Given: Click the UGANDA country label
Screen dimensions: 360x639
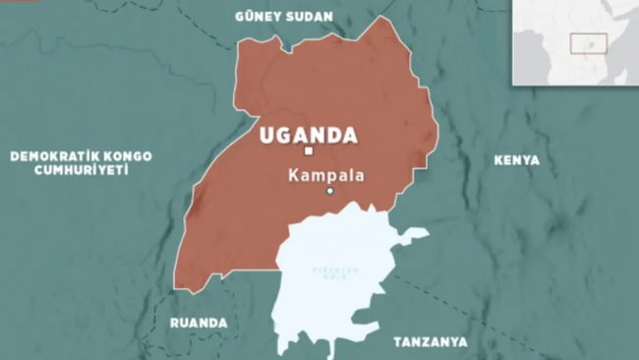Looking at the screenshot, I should [x=307, y=135].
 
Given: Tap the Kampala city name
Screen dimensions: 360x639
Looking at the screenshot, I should [x=326, y=174].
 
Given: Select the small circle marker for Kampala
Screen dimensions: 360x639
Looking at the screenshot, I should [x=330, y=191].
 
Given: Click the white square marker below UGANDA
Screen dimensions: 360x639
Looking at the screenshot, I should [x=308, y=151].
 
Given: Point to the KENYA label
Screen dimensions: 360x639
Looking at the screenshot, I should [x=516, y=159].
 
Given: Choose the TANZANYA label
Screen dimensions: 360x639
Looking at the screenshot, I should [x=432, y=341].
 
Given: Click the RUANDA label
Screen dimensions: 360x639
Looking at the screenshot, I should [x=198, y=323].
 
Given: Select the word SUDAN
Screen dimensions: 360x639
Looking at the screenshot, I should [x=309, y=17].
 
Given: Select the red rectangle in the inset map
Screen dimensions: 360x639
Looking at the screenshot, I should [x=589, y=44].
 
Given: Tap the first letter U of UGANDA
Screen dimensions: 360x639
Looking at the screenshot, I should [x=265, y=135].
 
